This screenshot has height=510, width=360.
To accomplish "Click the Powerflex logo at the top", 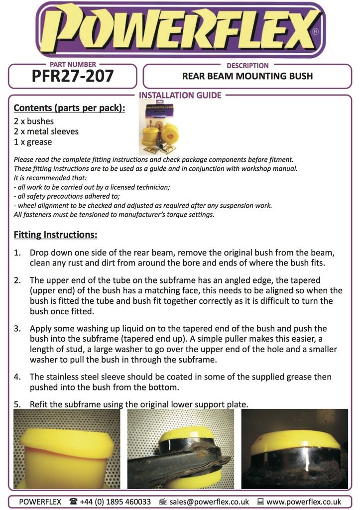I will (x=180, y=30).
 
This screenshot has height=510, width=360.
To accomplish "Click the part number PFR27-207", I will (x=73, y=76).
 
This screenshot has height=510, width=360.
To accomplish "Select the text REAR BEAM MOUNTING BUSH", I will (x=247, y=76).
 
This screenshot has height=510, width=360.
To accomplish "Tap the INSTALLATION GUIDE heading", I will (x=180, y=95).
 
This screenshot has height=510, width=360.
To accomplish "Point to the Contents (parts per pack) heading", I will (x=69, y=108).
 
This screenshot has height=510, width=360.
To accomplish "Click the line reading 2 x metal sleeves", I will (x=46, y=131).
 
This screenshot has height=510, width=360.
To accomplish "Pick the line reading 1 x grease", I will (x=33, y=142).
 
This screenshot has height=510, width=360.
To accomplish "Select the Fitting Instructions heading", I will (x=55, y=234).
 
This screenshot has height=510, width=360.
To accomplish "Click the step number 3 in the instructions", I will (x=17, y=329).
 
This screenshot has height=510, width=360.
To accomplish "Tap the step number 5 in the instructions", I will (x=17, y=404).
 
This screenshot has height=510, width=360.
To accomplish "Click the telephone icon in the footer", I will (x=74, y=502).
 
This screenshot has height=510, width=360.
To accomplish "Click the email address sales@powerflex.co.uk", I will (x=210, y=502).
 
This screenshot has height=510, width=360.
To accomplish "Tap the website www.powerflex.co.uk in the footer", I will (x=304, y=502).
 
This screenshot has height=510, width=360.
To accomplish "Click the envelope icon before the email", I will (x=163, y=502).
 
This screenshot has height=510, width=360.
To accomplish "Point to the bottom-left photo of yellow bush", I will (x=67, y=448).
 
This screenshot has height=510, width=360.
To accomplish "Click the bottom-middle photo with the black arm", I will (x=181, y=448).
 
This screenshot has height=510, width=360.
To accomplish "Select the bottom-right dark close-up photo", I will (x=294, y=448).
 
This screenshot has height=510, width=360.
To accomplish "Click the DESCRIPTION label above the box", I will (x=247, y=65).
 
